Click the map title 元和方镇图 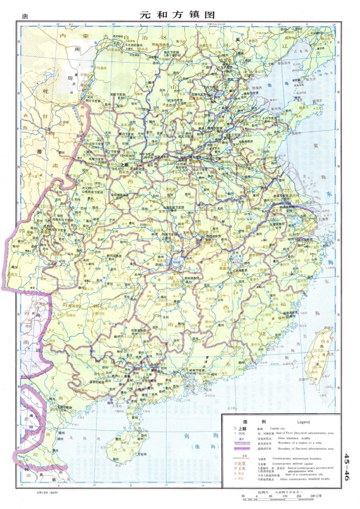click(x=177, y=15)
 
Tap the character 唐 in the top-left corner click(x=24, y=16)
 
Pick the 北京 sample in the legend click(x=242, y=465)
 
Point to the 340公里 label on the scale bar click(x=315, y=498)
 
